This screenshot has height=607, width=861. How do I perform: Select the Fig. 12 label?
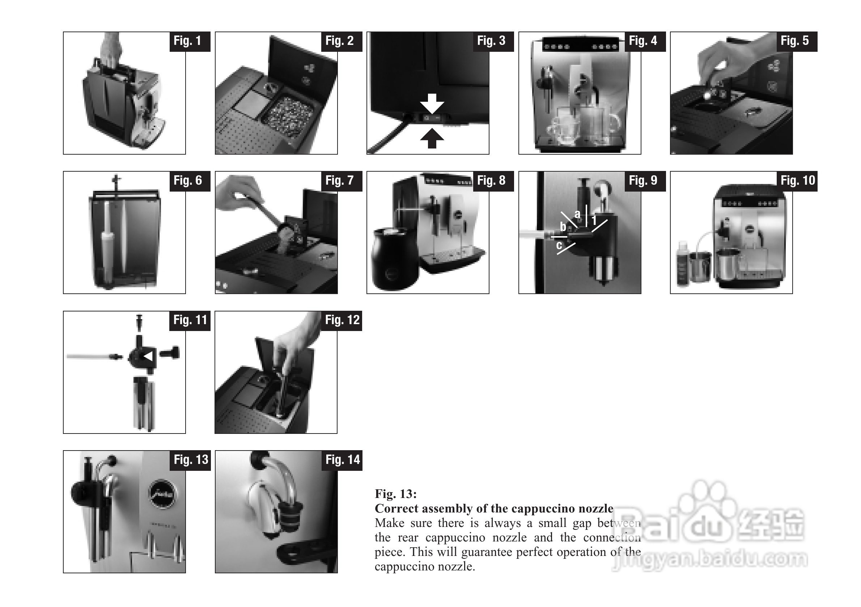pos(342,321)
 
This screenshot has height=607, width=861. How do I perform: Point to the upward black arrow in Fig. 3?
pos(432,138)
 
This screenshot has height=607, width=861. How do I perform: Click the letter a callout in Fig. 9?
pos(577,214)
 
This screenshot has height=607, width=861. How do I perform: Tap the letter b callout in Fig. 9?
pos(563,226)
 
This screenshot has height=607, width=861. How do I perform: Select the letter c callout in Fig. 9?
pos(559,245)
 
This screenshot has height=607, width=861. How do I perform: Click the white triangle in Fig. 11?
pos(148,356)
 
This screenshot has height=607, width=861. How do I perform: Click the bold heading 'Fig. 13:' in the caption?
pos(396,494)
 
